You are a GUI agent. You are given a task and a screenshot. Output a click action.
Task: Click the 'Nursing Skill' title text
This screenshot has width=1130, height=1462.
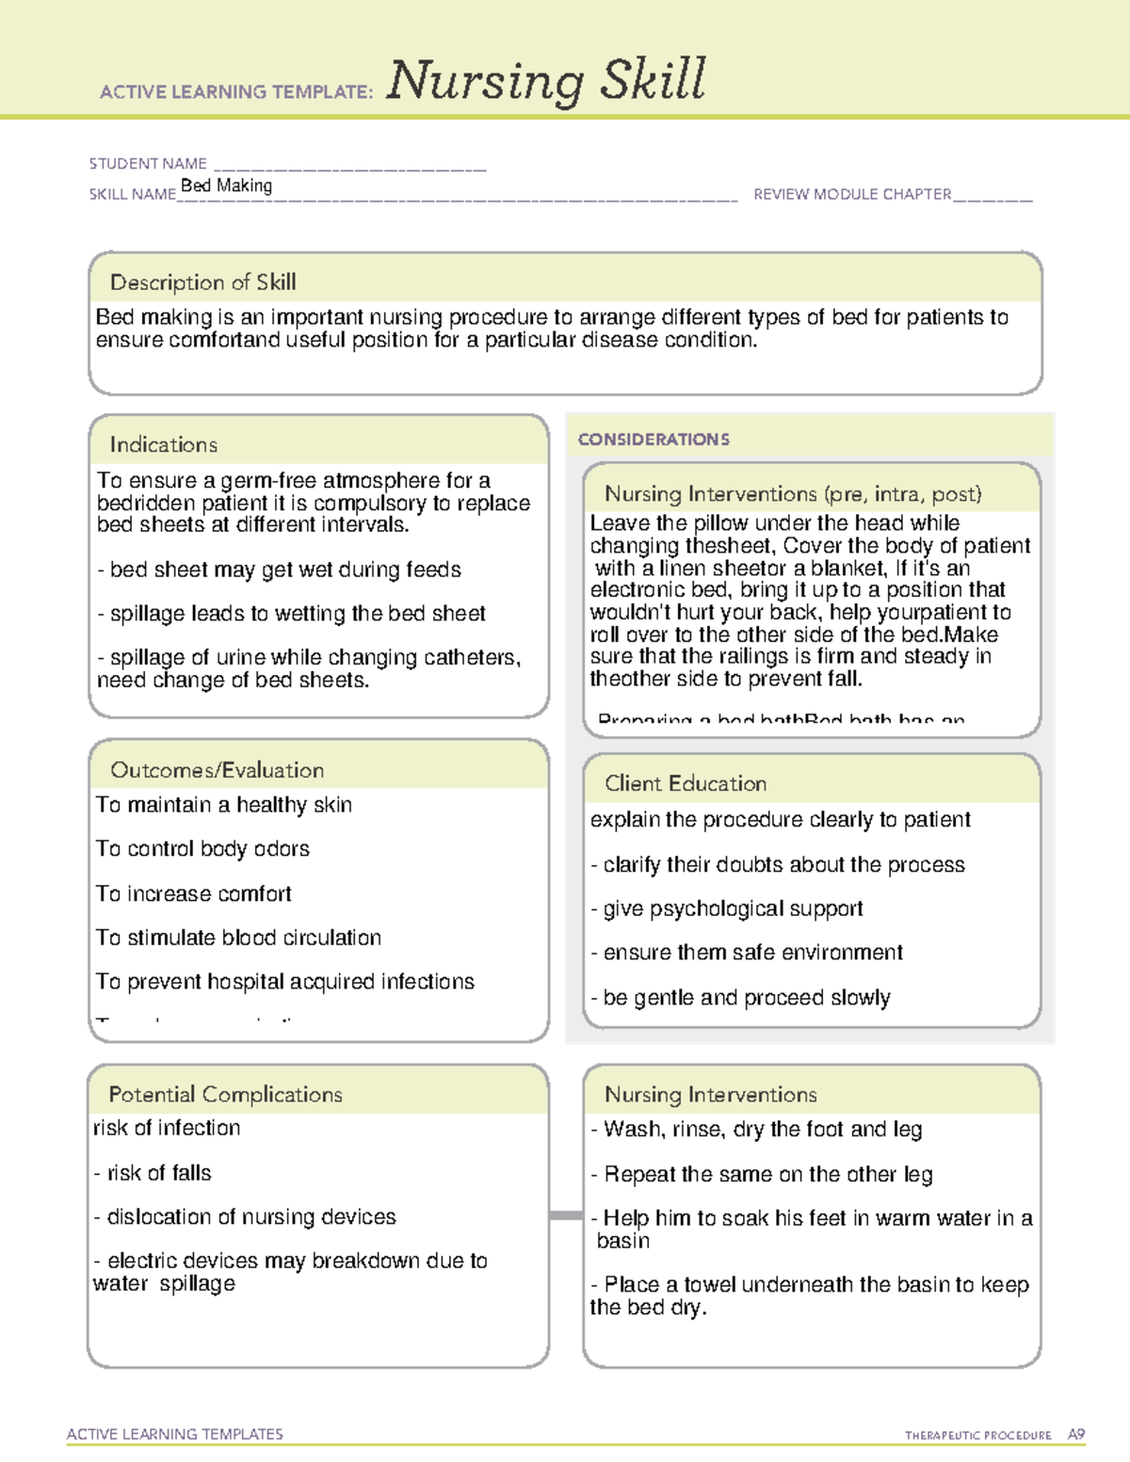pos(546,81)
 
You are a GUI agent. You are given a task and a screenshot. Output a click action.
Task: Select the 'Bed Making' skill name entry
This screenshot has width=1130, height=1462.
pos(226,185)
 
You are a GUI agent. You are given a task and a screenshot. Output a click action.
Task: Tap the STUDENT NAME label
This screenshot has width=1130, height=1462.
pos(148,164)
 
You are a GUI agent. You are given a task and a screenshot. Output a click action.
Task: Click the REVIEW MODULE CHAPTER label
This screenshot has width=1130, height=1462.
pos(852,194)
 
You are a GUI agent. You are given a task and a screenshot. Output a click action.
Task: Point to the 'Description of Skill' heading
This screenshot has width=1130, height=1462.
pos(202,282)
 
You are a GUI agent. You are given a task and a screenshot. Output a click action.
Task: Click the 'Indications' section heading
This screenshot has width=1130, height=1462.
pos(163,444)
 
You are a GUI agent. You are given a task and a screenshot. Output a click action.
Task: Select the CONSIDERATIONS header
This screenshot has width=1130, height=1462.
pos(654,440)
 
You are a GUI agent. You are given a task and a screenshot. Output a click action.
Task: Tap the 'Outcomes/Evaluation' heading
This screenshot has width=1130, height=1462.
pos(217,770)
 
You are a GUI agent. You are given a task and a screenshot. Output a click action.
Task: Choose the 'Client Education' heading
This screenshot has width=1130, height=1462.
pos(686,783)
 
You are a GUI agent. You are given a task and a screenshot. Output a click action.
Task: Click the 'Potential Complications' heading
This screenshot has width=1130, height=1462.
pos(225,1094)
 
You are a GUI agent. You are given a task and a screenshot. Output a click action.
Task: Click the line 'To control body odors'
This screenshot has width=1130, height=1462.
pos(202,848)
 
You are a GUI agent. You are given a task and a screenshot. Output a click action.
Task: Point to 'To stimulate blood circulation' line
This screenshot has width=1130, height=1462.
pos(238,938)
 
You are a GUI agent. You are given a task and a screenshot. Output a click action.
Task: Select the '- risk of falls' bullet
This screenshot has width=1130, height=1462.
pos(153,1173)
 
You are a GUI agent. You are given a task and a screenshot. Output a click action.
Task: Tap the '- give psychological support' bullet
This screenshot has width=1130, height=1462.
pos(727,908)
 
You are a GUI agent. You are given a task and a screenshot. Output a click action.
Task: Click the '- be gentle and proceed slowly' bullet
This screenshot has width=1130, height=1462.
pos(740,998)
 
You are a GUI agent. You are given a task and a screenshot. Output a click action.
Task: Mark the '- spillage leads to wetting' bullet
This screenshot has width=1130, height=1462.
pos(291,614)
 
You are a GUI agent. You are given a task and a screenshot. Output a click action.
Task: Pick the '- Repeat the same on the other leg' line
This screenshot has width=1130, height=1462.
pos(762,1175)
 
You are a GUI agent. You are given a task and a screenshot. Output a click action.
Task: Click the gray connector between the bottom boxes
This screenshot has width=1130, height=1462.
pos(566,1215)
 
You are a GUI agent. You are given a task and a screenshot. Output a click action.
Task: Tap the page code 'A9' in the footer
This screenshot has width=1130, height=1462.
pos(1076,1435)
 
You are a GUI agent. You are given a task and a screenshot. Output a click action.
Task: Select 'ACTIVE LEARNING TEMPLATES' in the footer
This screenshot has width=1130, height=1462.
pos(175,1434)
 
